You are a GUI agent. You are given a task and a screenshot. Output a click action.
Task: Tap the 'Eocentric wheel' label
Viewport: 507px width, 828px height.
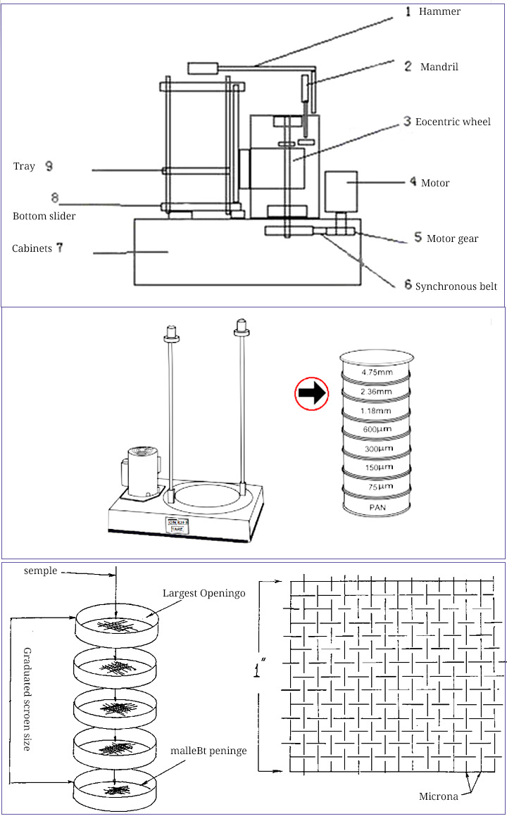point(453,122)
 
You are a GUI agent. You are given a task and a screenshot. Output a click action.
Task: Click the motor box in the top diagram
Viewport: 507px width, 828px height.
point(341,188)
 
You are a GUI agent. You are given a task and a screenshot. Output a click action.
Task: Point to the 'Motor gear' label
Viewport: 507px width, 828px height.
point(452,238)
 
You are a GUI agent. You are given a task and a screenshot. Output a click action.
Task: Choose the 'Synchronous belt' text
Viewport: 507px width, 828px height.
point(456,286)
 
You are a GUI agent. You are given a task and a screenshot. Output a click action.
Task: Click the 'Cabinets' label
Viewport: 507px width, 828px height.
point(32,248)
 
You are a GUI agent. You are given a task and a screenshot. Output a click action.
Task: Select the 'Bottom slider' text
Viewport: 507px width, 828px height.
point(44,216)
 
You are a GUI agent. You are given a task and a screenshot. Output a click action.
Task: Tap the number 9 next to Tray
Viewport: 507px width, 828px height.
point(49,166)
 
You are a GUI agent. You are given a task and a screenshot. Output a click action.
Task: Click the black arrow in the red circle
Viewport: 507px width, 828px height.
point(311,393)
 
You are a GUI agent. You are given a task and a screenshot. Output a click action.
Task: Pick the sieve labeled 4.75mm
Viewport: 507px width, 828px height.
point(375,371)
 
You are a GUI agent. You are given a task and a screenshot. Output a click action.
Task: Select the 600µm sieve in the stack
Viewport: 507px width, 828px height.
point(375,430)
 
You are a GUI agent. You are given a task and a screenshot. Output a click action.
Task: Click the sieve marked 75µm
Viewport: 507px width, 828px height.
point(375,486)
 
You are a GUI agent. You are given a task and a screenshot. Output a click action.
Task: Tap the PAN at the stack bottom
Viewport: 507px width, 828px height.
point(375,505)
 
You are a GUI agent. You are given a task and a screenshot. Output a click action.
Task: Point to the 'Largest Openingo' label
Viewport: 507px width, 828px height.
point(204,593)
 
